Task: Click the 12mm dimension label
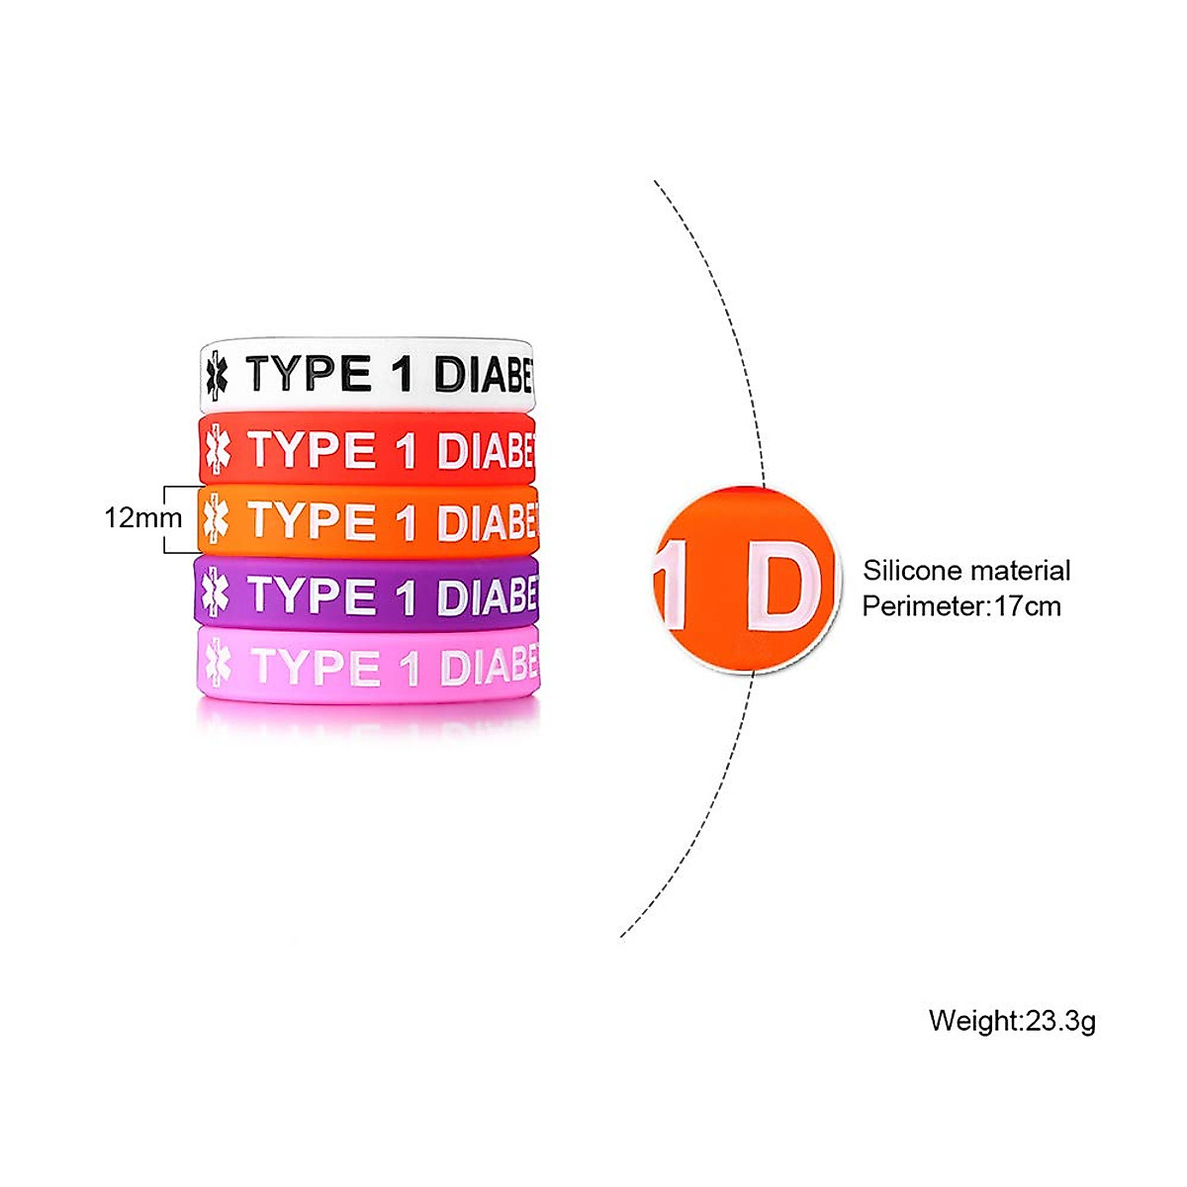143,517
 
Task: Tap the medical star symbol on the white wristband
216,376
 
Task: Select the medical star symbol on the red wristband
216,451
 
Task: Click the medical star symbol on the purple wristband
215,594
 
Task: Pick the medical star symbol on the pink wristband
217,667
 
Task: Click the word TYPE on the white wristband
309,374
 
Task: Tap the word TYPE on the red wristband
312,450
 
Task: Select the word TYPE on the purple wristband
312,595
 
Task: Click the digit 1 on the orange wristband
406,523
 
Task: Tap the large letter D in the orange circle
782,585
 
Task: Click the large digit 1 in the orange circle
675,585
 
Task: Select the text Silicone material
966,571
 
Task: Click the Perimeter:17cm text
961,605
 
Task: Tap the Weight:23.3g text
1012,1020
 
